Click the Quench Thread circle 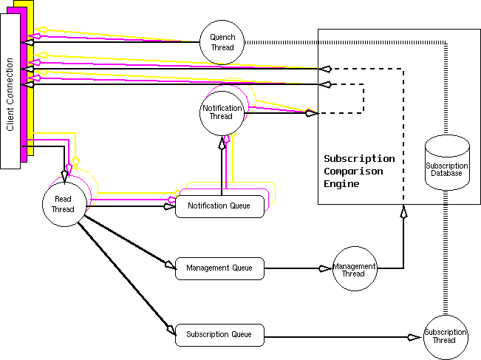pos(222,42)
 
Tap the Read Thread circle pos(64,204)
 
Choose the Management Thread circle pos(353,268)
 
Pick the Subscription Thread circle pos(445,336)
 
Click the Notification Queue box pos(219,206)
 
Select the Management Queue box pos(219,268)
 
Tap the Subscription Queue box pos(219,335)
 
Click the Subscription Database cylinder pos(447,163)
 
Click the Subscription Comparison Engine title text pos(359,171)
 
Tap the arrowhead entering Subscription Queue pos(171,329)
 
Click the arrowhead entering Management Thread pos(324,268)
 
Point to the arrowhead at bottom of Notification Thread pos(221,142)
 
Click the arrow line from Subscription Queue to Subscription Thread pos(332,337)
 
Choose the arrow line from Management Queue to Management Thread pos(292,268)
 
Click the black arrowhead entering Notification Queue pos(170,206)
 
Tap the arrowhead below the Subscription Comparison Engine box pos(403,212)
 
